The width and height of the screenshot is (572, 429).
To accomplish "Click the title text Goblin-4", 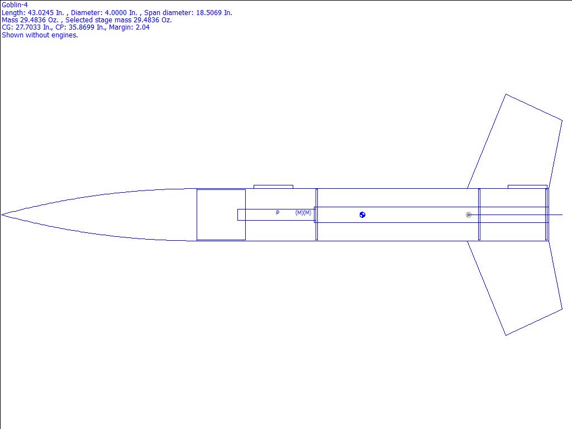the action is (15, 5).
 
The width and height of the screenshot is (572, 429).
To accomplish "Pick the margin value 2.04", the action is (142, 27).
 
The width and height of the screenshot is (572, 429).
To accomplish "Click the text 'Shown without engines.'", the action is (40, 35).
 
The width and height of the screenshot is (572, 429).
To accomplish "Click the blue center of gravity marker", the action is (362, 215).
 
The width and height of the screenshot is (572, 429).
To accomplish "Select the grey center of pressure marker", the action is (469, 215).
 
